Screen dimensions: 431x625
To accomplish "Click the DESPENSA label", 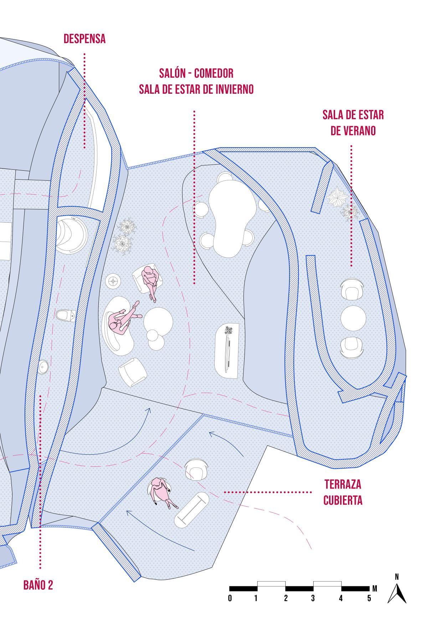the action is coord(84,39).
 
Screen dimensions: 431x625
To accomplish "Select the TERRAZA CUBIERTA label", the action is coord(343,492).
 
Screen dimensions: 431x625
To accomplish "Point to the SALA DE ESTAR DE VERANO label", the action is coord(353,123).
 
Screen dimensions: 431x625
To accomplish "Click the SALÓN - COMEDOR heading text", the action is coord(196,73).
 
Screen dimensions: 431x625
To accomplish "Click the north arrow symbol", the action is coord(397,591).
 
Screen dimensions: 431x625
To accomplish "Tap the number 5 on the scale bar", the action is coord(369,598).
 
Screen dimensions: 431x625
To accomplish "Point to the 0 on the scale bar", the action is coord(230,598).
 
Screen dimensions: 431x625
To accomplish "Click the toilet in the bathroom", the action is coord(66,315).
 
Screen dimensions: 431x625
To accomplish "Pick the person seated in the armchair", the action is coord(150,280).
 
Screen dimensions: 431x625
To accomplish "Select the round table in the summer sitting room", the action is coord(353,318).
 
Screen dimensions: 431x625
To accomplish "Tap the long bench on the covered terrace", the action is coord(192,510).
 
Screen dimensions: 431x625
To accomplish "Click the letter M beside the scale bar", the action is coord(374,588).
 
